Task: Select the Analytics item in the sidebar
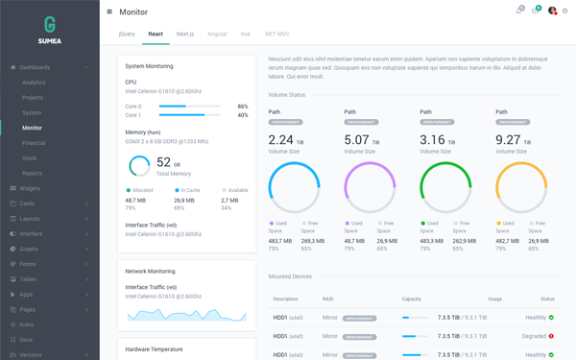tap(34, 83)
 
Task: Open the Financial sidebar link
tap(34, 143)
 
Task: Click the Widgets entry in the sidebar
tap(30, 188)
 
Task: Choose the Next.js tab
tap(185, 34)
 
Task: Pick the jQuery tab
tap(127, 34)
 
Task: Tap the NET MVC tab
tap(276, 34)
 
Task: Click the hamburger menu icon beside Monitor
tap(109, 12)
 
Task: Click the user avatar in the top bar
tap(552, 12)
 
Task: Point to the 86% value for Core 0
tap(242, 107)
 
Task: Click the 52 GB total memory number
tap(163, 162)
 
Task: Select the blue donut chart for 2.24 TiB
tap(294, 187)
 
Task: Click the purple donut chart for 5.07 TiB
tap(370, 187)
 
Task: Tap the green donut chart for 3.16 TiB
tap(445, 187)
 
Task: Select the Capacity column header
tap(411, 300)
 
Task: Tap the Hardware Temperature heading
tap(154, 349)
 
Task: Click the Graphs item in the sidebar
tap(30, 249)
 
